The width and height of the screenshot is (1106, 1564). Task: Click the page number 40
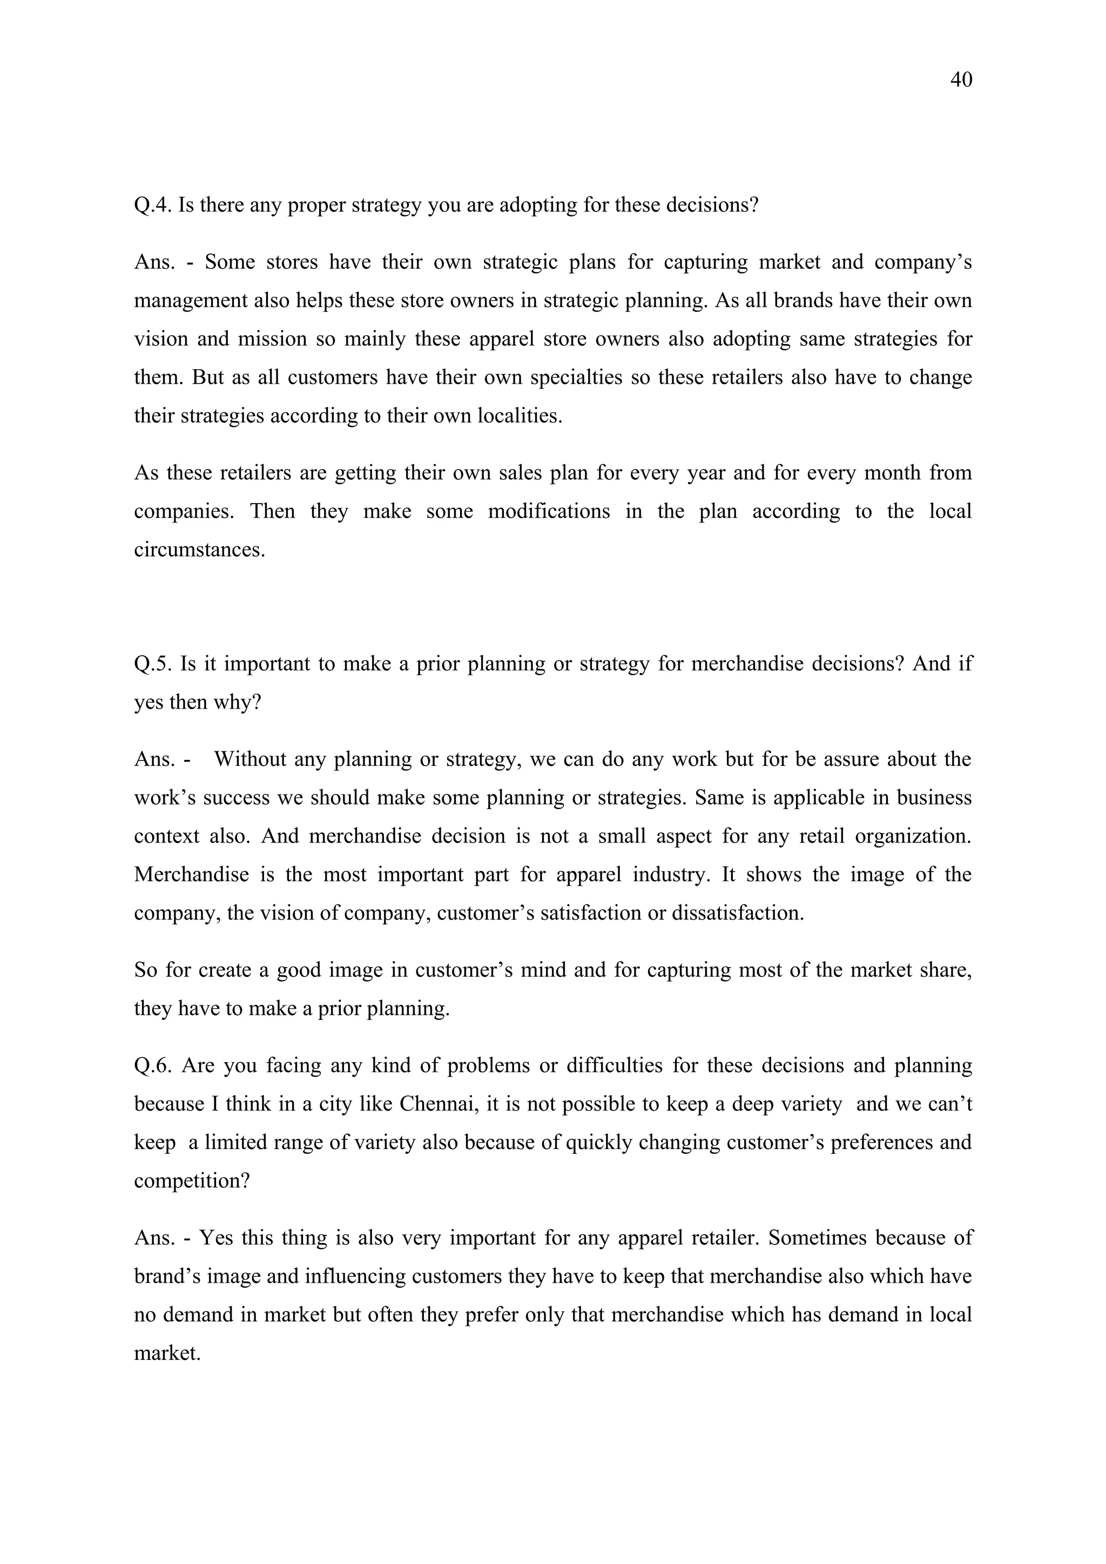(961, 80)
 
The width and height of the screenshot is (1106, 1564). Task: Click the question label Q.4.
(153, 205)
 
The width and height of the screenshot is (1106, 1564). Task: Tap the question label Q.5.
(153, 663)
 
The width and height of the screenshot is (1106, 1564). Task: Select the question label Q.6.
(153, 1065)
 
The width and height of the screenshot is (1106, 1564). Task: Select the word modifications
(549, 511)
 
